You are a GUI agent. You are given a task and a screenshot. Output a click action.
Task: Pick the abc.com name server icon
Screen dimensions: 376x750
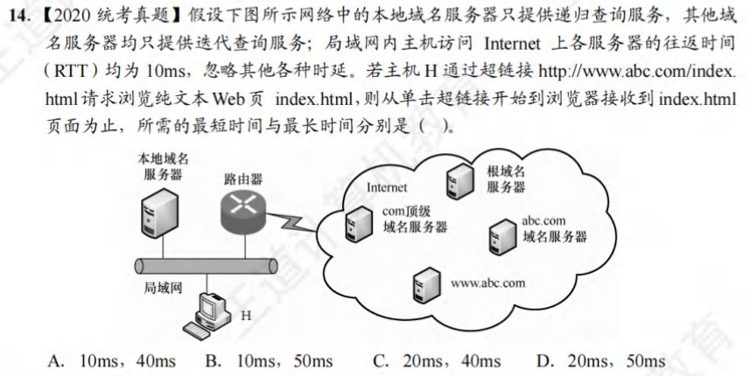[500, 233]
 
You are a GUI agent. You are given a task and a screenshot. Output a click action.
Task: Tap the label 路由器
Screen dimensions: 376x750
[242, 178]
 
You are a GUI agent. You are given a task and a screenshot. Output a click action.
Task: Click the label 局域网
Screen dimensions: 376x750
[163, 286]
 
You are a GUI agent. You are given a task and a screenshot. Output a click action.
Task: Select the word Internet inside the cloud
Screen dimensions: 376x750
[387, 186]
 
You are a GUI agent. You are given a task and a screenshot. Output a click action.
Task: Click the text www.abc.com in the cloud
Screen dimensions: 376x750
[487, 282]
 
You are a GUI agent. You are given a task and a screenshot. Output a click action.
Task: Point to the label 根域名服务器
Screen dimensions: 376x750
[506, 178]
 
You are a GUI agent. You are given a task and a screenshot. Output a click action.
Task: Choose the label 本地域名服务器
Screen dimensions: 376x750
[164, 166]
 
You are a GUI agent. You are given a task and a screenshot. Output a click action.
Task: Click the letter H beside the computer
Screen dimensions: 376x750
[245, 313]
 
